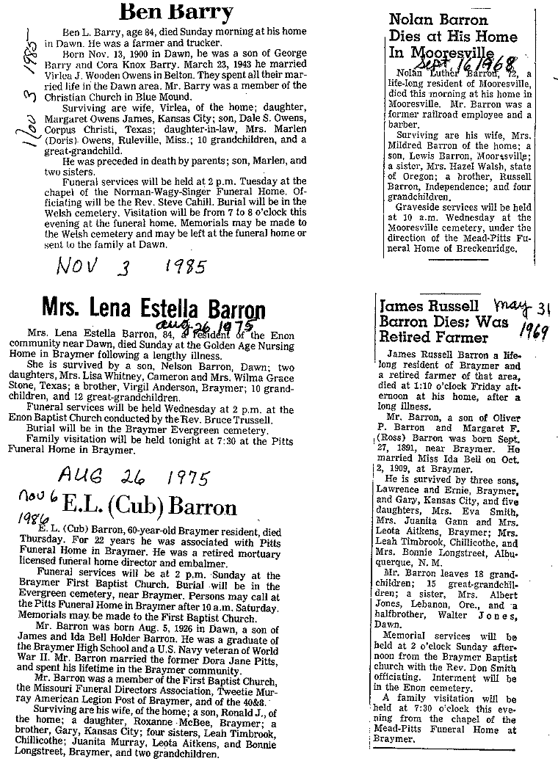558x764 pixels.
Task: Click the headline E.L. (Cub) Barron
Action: [150, 508]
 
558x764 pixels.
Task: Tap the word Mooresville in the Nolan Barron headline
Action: [459, 53]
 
